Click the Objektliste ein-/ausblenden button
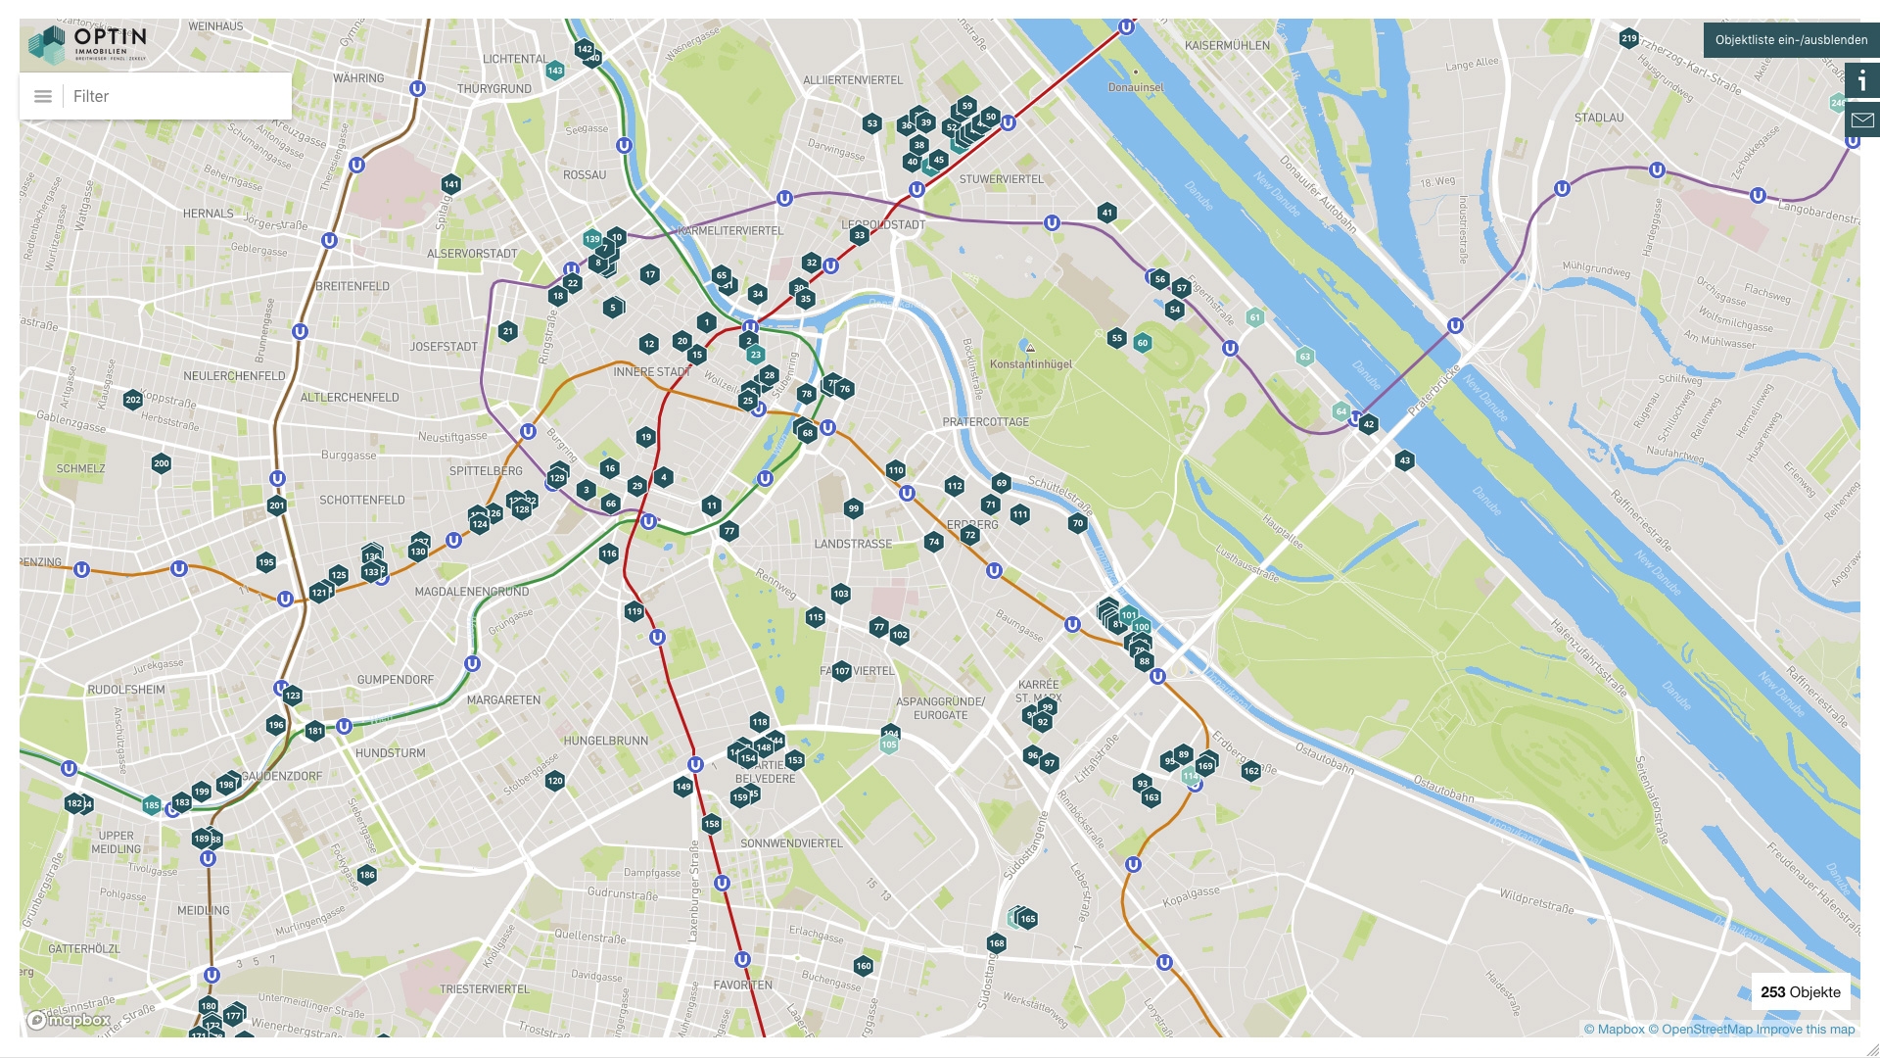(x=1791, y=40)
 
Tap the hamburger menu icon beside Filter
(x=43, y=96)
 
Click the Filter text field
(x=176, y=96)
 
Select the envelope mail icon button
(x=1862, y=120)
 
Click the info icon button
(x=1862, y=81)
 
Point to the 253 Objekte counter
(x=1800, y=992)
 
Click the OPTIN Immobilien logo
(x=88, y=44)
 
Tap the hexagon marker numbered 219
(x=1628, y=39)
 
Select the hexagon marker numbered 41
(x=1106, y=213)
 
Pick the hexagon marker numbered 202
(x=133, y=400)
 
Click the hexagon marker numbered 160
(x=863, y=966)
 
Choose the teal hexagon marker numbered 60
(x=1142, y=343)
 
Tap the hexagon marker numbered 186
(x=367, y=875)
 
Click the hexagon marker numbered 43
(x=1404, y=460)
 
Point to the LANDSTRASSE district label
(x=853, y=544)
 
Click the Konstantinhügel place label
(x=1030, y=364)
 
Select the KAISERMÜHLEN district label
(x=1226, y=46)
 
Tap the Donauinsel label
(x=1136, y=88)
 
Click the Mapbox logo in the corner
(x=69, y=1021)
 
